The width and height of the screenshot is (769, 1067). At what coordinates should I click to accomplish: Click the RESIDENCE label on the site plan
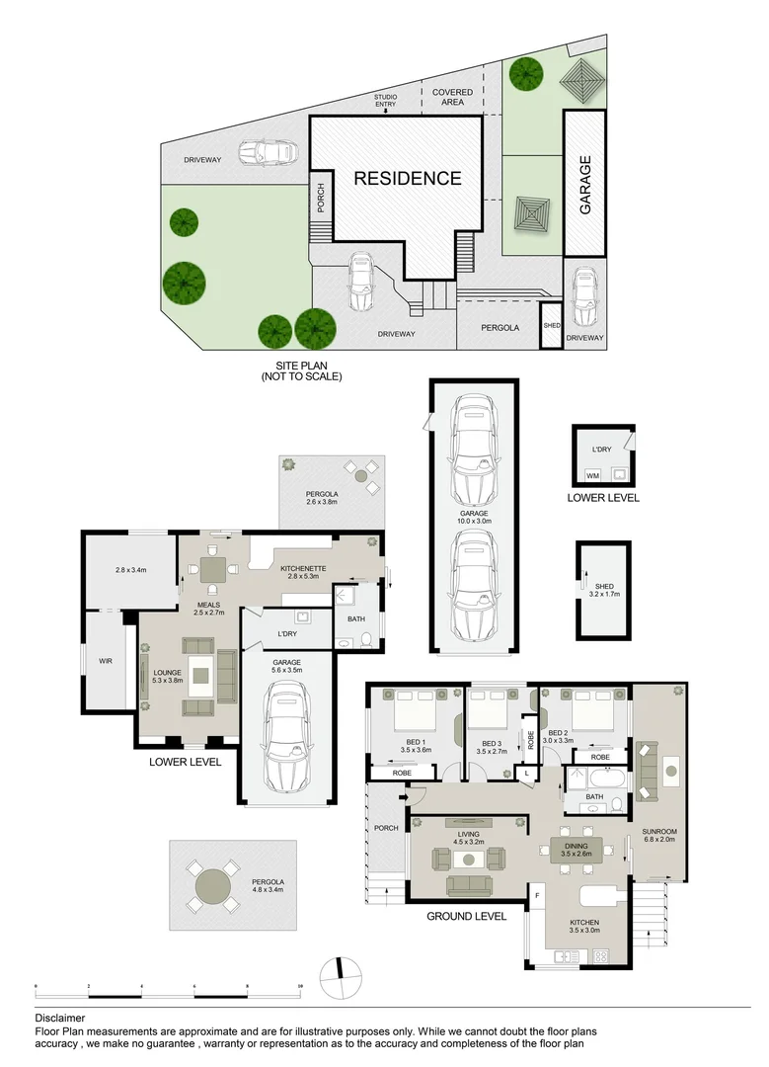point(408,178)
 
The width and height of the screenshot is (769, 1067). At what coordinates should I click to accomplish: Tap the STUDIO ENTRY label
point(385,100)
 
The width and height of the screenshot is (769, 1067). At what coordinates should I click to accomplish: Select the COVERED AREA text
point(452,97)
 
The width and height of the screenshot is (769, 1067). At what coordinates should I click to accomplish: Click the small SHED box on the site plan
point(552,325)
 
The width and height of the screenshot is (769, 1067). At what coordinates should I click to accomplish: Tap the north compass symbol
point(340,978)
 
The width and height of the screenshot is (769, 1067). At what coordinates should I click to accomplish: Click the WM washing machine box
point(592,475)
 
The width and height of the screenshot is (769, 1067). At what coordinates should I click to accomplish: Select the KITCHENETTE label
point(303,568)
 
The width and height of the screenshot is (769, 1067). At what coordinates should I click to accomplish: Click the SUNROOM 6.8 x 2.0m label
point(658,835)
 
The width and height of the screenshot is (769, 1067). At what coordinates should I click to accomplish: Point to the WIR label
point(106,661)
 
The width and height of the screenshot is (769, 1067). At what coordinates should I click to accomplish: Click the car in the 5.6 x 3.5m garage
point(287,736)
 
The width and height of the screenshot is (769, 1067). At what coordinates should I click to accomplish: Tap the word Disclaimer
point(60,1018)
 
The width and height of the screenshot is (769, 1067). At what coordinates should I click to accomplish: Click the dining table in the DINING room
point(576,850)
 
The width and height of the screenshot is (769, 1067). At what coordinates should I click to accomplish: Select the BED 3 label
point(492,743)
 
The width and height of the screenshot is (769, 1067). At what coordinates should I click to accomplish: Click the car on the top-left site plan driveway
point(268,152)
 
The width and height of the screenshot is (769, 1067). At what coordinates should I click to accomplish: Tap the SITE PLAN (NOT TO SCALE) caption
point(301,370)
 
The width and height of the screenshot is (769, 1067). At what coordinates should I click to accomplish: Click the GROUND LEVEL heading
point(466,916)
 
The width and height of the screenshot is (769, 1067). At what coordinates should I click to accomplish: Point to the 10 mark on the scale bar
point(300,985)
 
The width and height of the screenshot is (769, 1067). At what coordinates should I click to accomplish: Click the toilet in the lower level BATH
point(366,639)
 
